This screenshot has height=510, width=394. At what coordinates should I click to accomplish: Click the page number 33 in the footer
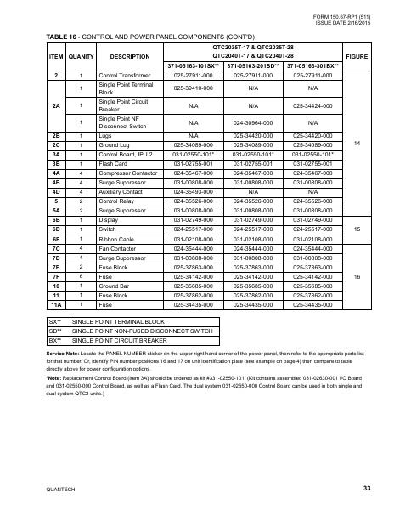[x=366, y=488]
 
